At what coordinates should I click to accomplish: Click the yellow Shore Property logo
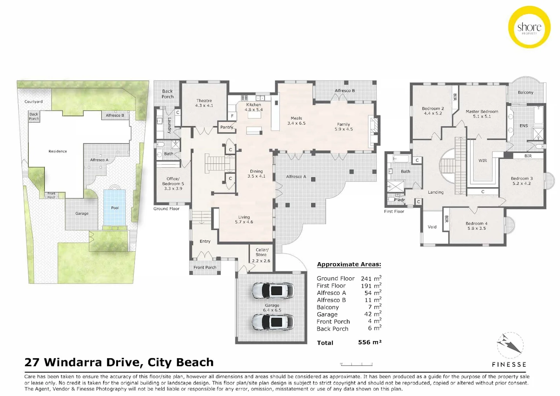click(529, 27)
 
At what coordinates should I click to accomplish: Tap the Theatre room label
click(204, 103)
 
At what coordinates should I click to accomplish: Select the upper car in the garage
click(273, 290)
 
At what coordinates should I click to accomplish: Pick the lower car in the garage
click(273, 322)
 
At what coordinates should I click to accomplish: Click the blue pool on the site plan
click(115, 208)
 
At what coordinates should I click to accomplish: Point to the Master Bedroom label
click(482, 114)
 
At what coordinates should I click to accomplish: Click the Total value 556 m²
click(369, 342)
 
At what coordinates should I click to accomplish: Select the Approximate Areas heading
click(349, 264)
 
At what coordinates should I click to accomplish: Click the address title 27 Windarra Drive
click(119, 362)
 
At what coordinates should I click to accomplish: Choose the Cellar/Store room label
click(261, 255)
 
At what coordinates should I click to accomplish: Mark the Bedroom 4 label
click(476, 225)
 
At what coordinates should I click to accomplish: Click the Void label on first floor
click(432, 227)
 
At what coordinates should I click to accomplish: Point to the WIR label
click(483, 161)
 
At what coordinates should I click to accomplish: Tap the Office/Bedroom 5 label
click(173, 184)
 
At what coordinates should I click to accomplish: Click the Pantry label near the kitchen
click(226, 127)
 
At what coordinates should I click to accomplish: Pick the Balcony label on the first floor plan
click(525, 92)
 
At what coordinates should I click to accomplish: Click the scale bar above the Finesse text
click(356, 364)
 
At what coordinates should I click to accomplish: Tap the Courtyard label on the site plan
click(33, 102)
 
